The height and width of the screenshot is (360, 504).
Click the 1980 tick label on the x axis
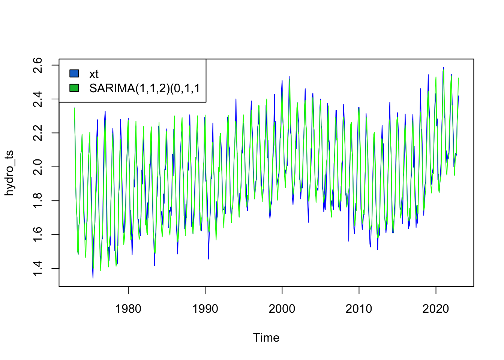click(128, 309)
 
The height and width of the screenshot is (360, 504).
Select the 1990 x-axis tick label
click(205, 309)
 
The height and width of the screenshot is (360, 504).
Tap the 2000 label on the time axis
click(282, 309)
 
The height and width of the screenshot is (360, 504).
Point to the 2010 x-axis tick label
click(359, 309)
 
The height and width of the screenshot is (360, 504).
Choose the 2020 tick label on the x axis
click(436, 309)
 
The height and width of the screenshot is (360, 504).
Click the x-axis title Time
click(266, 338)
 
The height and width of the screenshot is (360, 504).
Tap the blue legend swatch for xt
click(74, 73)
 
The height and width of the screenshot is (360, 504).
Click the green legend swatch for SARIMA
click(74, 88)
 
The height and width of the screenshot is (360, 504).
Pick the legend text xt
click(94, 74)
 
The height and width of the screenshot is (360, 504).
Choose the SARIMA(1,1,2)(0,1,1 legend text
click(144, 88)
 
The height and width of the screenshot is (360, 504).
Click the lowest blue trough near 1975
click(93, 278)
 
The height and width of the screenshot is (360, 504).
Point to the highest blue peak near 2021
click(444, 68)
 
